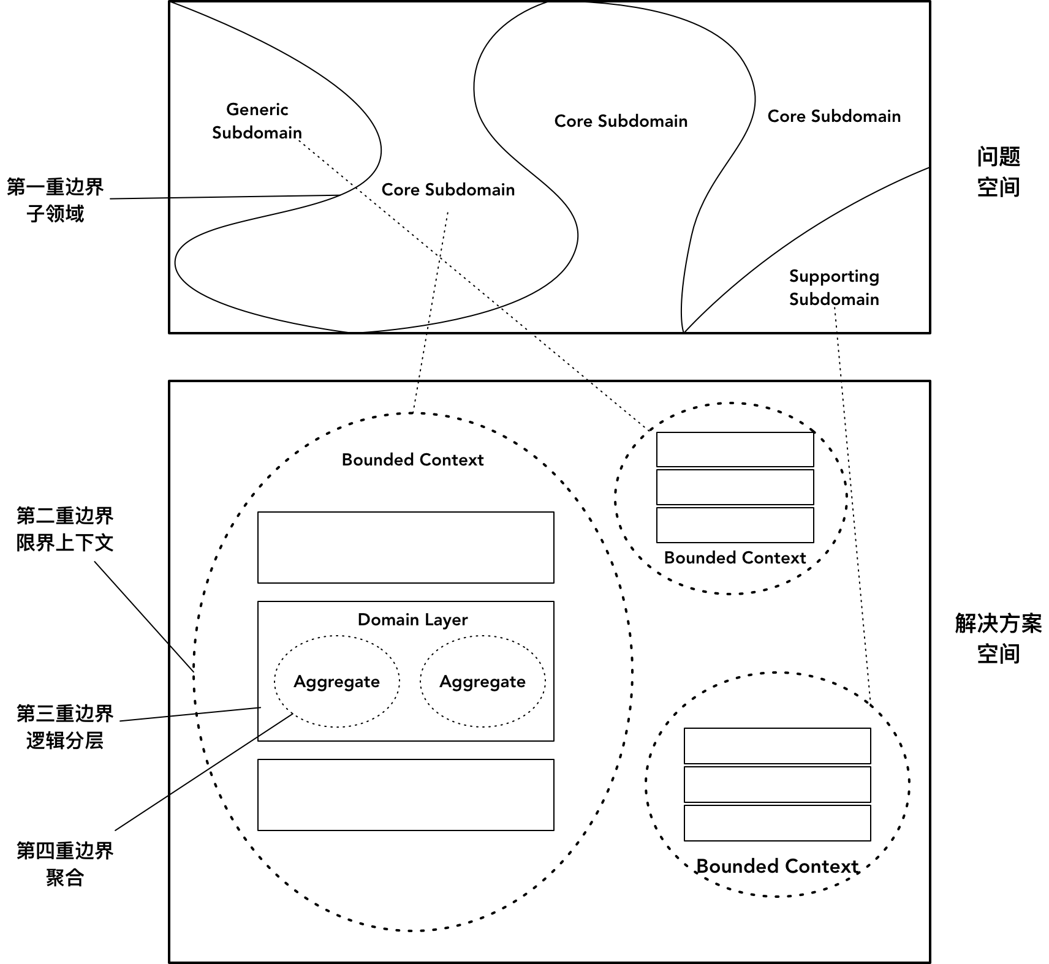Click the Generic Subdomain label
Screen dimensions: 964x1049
point(257,121)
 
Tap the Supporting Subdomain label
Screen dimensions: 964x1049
point(834,287)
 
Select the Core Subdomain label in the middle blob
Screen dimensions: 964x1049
point(621,121)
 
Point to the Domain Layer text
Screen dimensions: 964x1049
point(412,620)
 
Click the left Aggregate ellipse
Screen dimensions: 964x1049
point(336,682)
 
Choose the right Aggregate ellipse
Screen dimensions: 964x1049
point(482,682)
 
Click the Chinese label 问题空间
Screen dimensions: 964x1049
point(998,172)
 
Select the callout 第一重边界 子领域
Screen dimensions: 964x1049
point(55,200)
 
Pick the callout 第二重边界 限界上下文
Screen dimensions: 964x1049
point(64,529)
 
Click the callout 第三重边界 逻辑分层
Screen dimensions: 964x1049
point(64,727)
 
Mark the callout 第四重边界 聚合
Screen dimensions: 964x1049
point(64,864)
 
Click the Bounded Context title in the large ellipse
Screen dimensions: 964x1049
point(412,460)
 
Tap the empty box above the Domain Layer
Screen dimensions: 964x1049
point(406,548)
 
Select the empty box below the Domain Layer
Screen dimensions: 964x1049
point(406,795)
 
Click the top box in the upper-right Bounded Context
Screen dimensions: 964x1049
point(735,450)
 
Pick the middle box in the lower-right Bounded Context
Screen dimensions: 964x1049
point(777,784)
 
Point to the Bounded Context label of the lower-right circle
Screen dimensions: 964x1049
point(777,867)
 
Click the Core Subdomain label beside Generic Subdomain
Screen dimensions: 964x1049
point(448,190)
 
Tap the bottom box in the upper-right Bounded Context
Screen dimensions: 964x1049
point(735,525)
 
